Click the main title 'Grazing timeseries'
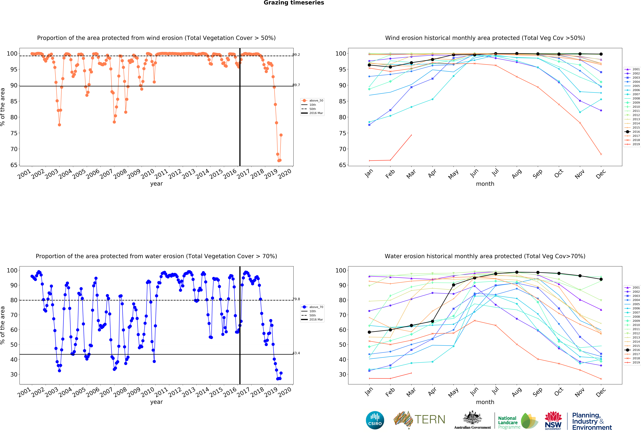pos(294,3)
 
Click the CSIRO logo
pos(375,420)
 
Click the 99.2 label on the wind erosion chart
pos(296,55)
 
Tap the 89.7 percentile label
pos(296,85)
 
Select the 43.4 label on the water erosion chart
pos(296,353)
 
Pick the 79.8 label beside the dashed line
pos(296,299)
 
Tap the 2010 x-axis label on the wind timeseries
pos(148,174)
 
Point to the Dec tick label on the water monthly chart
pos(601,392)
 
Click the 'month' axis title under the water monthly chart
pos(485,402)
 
